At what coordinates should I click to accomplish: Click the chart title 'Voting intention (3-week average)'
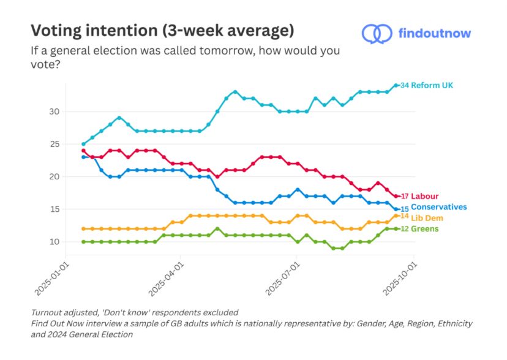(x=162, y=30)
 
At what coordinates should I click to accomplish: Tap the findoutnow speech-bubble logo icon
(x=377, y=33)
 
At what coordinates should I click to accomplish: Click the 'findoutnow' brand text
(x=434, y=33)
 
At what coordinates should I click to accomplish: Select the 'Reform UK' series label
(x=432, y=85)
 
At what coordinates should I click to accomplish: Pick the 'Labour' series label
(x=424, y=197)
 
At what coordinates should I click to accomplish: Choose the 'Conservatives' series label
(x=438, y=208)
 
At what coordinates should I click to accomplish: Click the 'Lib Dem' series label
(x=427, y=218)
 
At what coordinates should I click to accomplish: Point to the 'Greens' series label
(x=425, y=229)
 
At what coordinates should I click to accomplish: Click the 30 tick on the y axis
(x=54, y=111)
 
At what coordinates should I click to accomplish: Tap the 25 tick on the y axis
(x=54, y=144)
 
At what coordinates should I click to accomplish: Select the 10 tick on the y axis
(x=54, y=242)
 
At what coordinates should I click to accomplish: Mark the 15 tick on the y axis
(x=54, y=209)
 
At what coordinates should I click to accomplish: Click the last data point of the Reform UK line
(x=396, y=85)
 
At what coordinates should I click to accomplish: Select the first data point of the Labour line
(x=83, y=151)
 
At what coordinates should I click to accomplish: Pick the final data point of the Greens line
(x=396, y=229)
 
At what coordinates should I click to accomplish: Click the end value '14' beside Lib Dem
(x=404, y=216)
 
